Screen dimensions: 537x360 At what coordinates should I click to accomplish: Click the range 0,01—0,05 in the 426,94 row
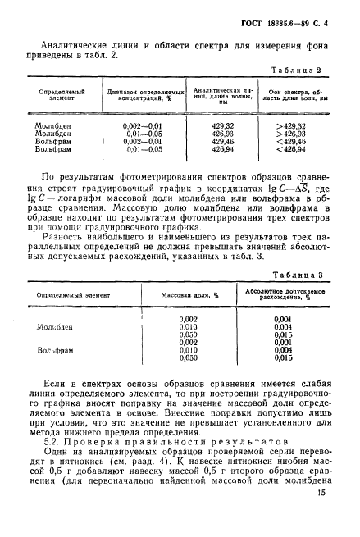pyautogui.click(x=139, y=150)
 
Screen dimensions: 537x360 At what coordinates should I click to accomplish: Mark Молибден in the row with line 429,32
pyautogui.click(x=52, y=125)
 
